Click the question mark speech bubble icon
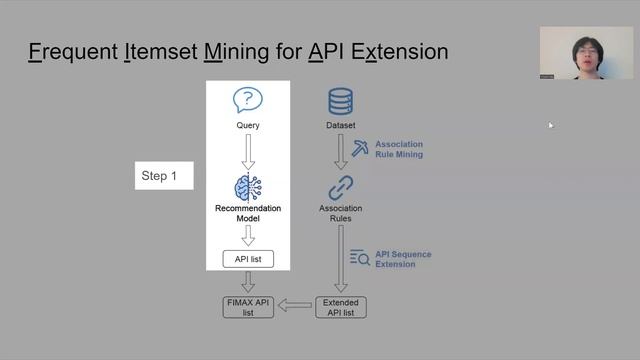(247, 100)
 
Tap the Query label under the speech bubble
(247, 125)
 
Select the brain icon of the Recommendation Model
(247, 187)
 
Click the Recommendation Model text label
(247, 213)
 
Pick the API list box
(247, 260)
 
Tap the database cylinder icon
(341, 101)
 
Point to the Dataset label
(341, 125)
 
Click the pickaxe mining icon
(360, 149)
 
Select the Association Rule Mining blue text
(399, 149)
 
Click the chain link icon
(341, 187)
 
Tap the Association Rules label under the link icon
(341, 213)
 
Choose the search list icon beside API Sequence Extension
(360, 259)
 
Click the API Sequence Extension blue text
(404, 259)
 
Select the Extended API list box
(341, 307)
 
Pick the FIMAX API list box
(247, 307)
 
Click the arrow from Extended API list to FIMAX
(295, 306)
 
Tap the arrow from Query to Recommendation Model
(247, 152)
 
